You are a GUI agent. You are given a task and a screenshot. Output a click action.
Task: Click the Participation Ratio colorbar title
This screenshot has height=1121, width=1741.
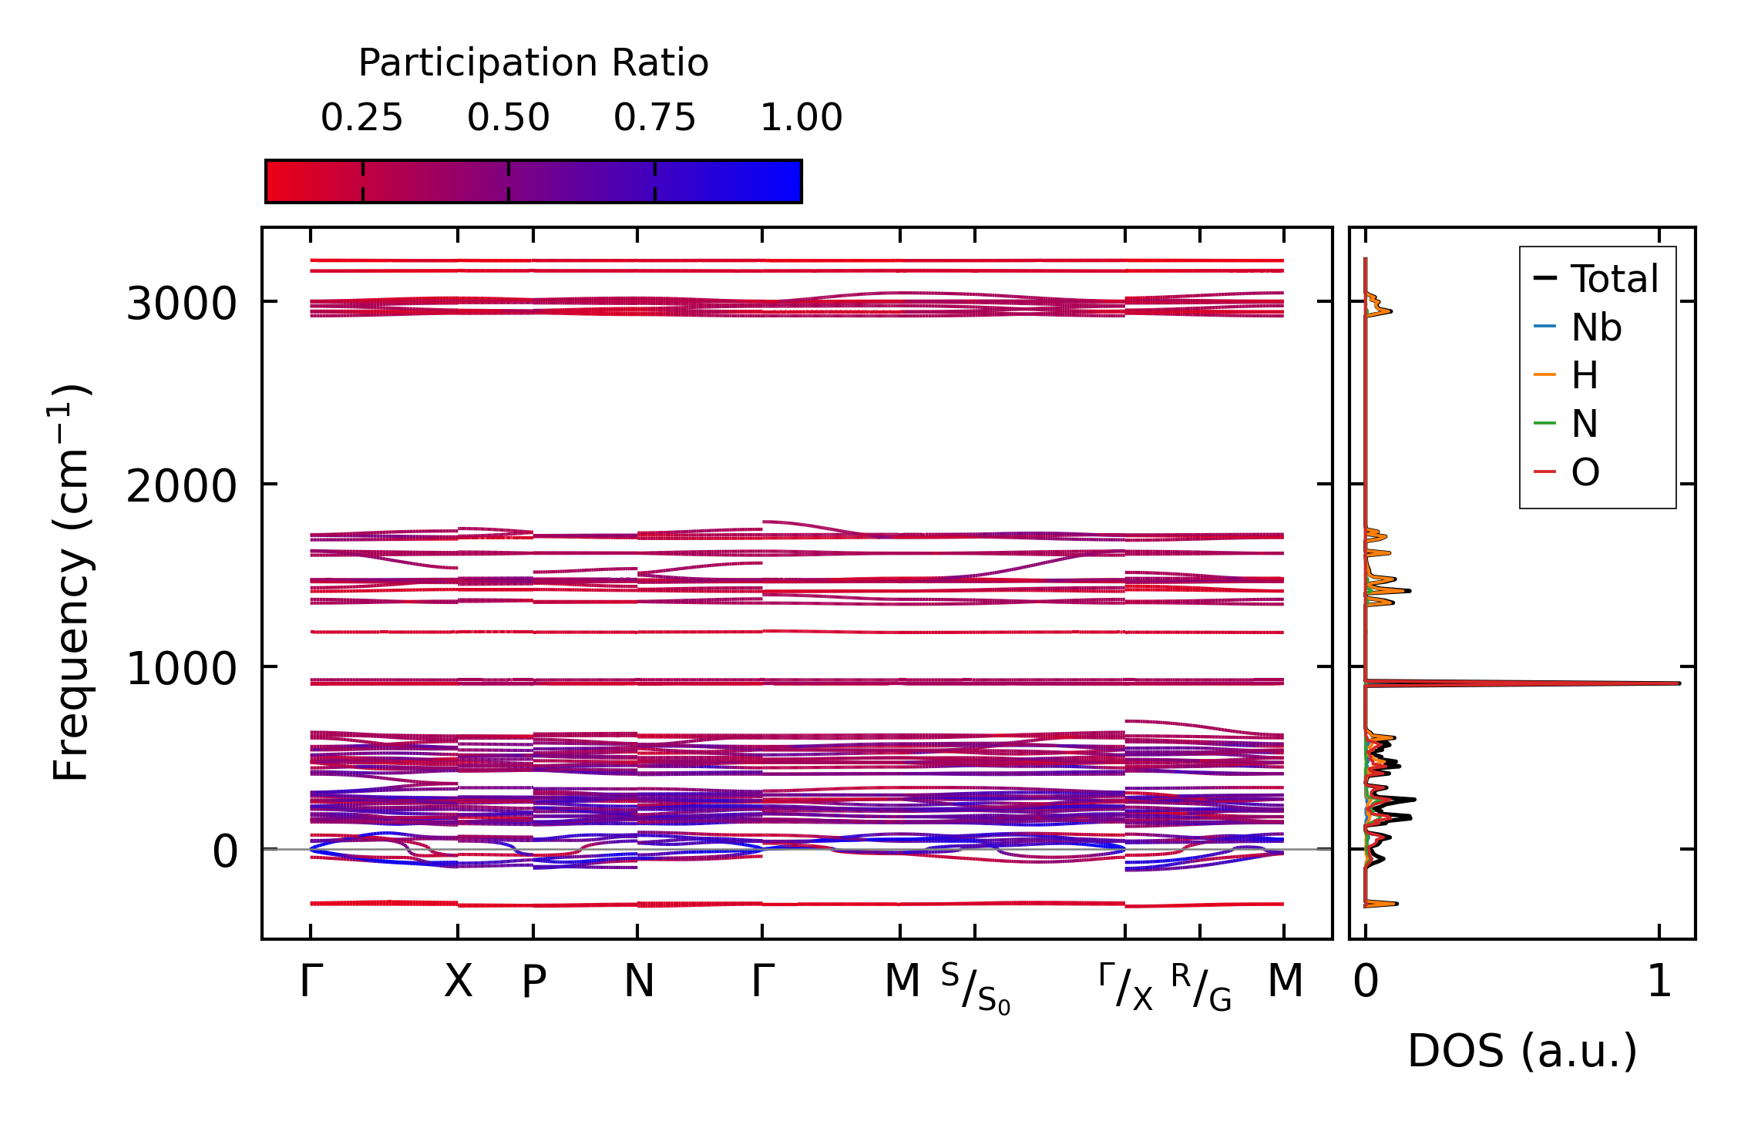[x=533, y=63]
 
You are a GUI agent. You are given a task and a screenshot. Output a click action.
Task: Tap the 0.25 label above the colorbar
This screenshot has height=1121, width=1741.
[x=361, y=118]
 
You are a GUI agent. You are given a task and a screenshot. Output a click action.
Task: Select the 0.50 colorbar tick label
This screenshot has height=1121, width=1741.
[x=508, y=118]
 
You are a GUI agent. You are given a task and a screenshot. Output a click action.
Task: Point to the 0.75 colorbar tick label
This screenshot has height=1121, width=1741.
[x=654, y=118]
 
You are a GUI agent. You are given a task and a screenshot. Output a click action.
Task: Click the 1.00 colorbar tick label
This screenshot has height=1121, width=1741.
[x=801, y=118]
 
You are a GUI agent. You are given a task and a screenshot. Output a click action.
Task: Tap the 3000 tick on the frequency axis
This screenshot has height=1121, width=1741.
[x=181, y=304]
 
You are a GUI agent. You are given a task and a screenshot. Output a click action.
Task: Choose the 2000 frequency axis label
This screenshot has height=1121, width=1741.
[x=181, y=486]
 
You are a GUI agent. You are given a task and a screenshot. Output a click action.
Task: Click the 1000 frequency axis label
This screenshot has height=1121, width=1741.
[x=181, y=669]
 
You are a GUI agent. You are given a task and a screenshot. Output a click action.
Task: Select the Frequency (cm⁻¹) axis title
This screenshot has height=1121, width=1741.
[x=71, y=582]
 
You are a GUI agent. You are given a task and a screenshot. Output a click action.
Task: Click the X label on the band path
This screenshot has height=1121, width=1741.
[x=458, y=982]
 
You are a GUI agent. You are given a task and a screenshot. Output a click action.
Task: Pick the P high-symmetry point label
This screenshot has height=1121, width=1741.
[x=533, y=982]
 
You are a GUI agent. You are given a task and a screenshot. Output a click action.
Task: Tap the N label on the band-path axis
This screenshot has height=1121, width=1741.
[x=638, y=982]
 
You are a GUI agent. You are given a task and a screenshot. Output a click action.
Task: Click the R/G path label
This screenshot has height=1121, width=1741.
[x=1200, y=987]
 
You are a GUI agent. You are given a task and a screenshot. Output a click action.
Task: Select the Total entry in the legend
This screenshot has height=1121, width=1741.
[x=1614, y=279]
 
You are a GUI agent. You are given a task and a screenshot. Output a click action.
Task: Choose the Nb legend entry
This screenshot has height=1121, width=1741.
[x=1596, y=328]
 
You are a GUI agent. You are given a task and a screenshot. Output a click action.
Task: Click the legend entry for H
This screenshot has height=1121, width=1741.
[x=1585, y=376]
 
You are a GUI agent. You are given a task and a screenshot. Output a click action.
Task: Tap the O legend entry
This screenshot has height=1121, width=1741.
[x=1585, y=472]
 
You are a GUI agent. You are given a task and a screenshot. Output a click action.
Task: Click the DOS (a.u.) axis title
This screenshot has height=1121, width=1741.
[x=1522, y=1052]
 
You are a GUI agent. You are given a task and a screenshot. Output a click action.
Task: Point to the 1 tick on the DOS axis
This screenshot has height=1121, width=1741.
[x=1659, y=982]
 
